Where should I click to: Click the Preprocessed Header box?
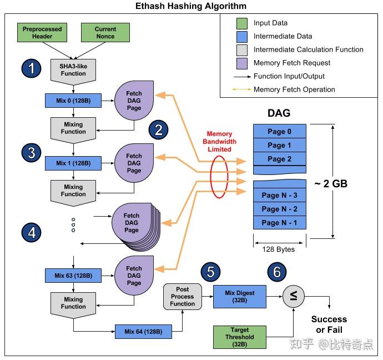42,33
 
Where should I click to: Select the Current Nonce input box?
105,33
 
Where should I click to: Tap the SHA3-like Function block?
73,72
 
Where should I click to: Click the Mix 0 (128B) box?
73,101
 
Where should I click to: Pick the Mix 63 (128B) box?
73,276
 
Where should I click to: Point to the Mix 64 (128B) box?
143,332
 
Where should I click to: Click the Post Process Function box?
183,297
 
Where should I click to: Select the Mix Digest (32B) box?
240,297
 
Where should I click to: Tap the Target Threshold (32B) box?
240,337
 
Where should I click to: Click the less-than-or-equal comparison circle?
294,296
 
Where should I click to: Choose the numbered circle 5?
210,272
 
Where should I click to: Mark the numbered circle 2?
158,130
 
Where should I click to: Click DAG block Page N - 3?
279,195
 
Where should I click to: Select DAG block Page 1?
279,145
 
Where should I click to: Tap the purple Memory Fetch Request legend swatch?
242,63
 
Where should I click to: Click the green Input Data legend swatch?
242,23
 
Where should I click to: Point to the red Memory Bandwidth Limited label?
219,142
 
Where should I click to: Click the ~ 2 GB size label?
331,184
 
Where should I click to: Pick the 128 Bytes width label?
279,249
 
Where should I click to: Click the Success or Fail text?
329,324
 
